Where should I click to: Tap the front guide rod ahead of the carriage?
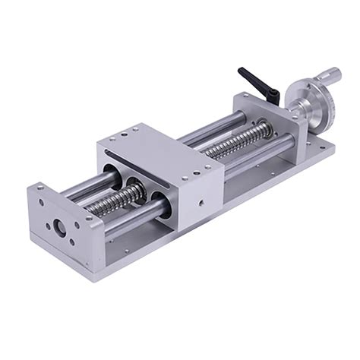pos(133,216)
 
